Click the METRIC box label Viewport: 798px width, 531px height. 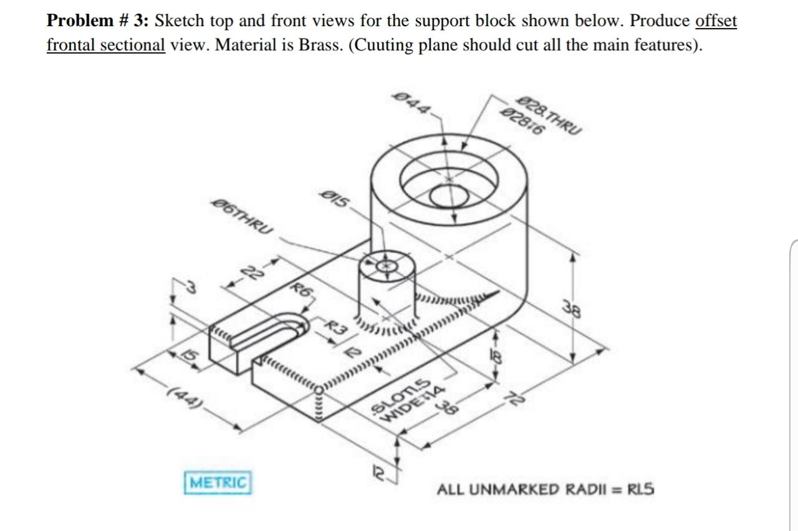pos(218,482)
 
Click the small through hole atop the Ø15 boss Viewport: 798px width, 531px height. pos(387,266)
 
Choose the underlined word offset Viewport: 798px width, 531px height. pos(716,21)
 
